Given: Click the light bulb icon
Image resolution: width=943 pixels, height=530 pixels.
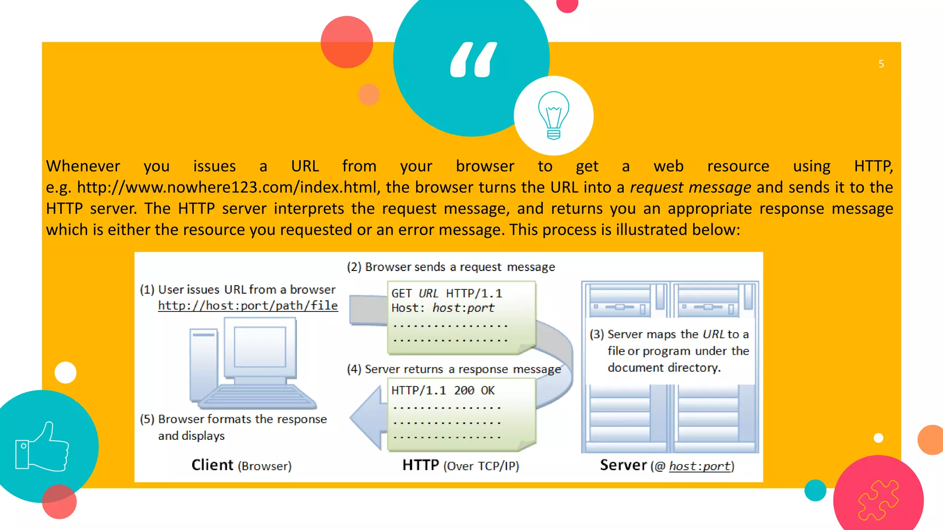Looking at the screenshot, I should point(553,115).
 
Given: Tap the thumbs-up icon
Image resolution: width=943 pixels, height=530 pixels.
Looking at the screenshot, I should point(42,447).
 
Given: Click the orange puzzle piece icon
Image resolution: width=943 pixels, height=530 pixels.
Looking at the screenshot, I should point(878,500).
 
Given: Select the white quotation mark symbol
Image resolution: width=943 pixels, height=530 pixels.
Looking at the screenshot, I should point(473,59).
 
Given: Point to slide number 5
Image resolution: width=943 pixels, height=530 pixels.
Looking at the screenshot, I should point(881,64).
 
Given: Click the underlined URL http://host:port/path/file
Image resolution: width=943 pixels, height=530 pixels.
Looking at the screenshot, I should point(248,305).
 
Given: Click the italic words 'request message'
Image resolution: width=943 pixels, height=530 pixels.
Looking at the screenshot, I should point(690,187).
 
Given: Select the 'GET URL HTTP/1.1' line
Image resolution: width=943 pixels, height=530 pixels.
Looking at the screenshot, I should point(446,293).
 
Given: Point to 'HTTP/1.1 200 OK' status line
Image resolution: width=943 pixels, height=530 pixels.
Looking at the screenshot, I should point(442,391).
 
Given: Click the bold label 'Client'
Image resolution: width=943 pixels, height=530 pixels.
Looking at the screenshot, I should point(212,465).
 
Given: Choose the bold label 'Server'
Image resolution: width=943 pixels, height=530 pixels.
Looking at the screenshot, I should point(623,465).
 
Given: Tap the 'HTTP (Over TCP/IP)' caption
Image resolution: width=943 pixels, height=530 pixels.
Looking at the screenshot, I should point(460,466).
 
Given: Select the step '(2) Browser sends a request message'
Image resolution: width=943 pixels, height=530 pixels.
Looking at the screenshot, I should point(451,267).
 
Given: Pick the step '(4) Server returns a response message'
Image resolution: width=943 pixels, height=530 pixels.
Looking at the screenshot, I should point(454,369).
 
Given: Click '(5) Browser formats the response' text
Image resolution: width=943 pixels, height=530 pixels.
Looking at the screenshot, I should point(233,419).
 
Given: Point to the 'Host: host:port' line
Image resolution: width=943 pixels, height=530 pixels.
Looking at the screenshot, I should point(442,308).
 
